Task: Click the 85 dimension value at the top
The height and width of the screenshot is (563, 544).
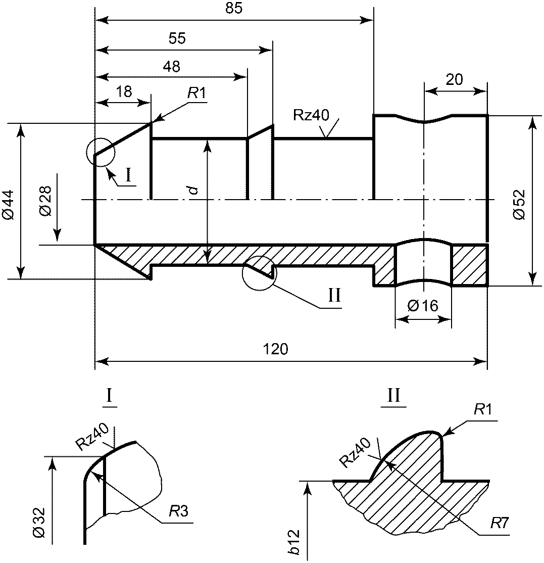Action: click(233, 8)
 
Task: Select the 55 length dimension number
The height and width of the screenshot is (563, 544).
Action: click(177, 38)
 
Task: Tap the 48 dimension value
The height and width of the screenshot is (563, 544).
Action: click(172, 67)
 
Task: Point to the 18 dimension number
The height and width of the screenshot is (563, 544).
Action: click(124, 92)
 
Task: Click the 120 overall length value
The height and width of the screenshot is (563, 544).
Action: click(275, 349)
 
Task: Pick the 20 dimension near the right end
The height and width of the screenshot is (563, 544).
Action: click(454, 80)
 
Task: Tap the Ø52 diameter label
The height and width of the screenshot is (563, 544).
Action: click(519, 204)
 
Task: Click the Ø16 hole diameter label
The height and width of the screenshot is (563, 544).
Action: click(423, 306)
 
